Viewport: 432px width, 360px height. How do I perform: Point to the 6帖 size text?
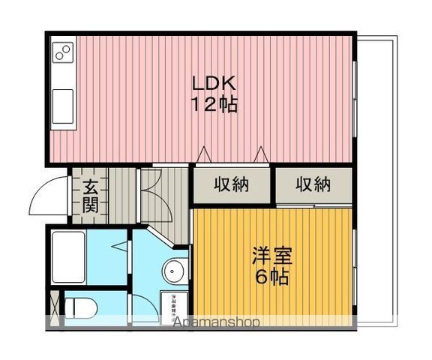point(271,277)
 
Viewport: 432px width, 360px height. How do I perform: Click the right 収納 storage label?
point(313,184)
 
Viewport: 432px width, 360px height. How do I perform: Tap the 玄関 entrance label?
point(90,195)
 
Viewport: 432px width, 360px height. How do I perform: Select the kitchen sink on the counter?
point(63,100)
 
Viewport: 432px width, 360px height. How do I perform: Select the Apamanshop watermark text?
point(217,323)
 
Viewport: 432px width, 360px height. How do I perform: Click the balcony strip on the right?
point(374,180)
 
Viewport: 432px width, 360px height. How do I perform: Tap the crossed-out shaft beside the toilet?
point(53,308)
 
